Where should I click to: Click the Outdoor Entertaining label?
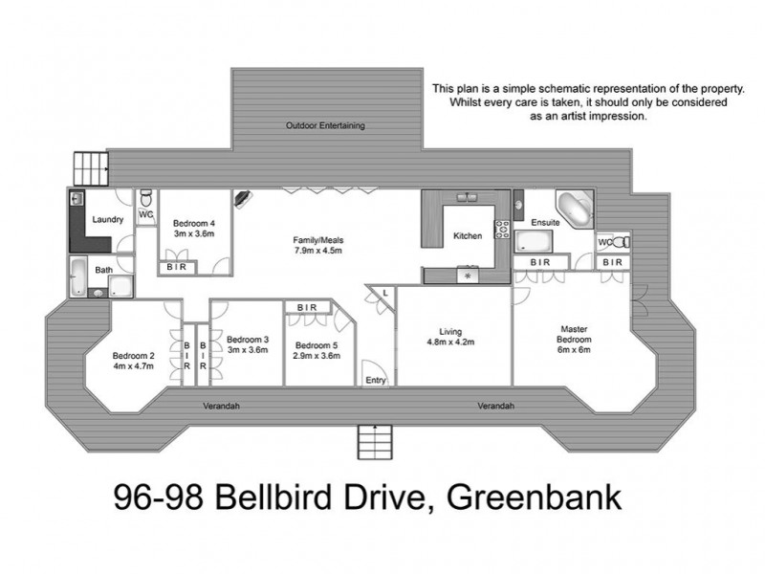pos(326,125)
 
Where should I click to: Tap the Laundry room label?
pos(107,219)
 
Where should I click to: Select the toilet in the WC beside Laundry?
pos(145,199)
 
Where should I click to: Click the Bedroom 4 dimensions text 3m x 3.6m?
pos(194,233)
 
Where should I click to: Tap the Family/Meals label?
pos(317,240)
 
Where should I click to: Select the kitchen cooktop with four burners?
pos(500,229)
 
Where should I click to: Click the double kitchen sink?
pos(468,198)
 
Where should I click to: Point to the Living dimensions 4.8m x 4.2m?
pos(450,342)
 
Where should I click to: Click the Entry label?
pos(376,380)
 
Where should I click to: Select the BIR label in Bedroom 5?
pos(307,307)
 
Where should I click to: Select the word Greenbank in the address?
pos(525,499)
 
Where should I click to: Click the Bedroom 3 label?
pos(247,339)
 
